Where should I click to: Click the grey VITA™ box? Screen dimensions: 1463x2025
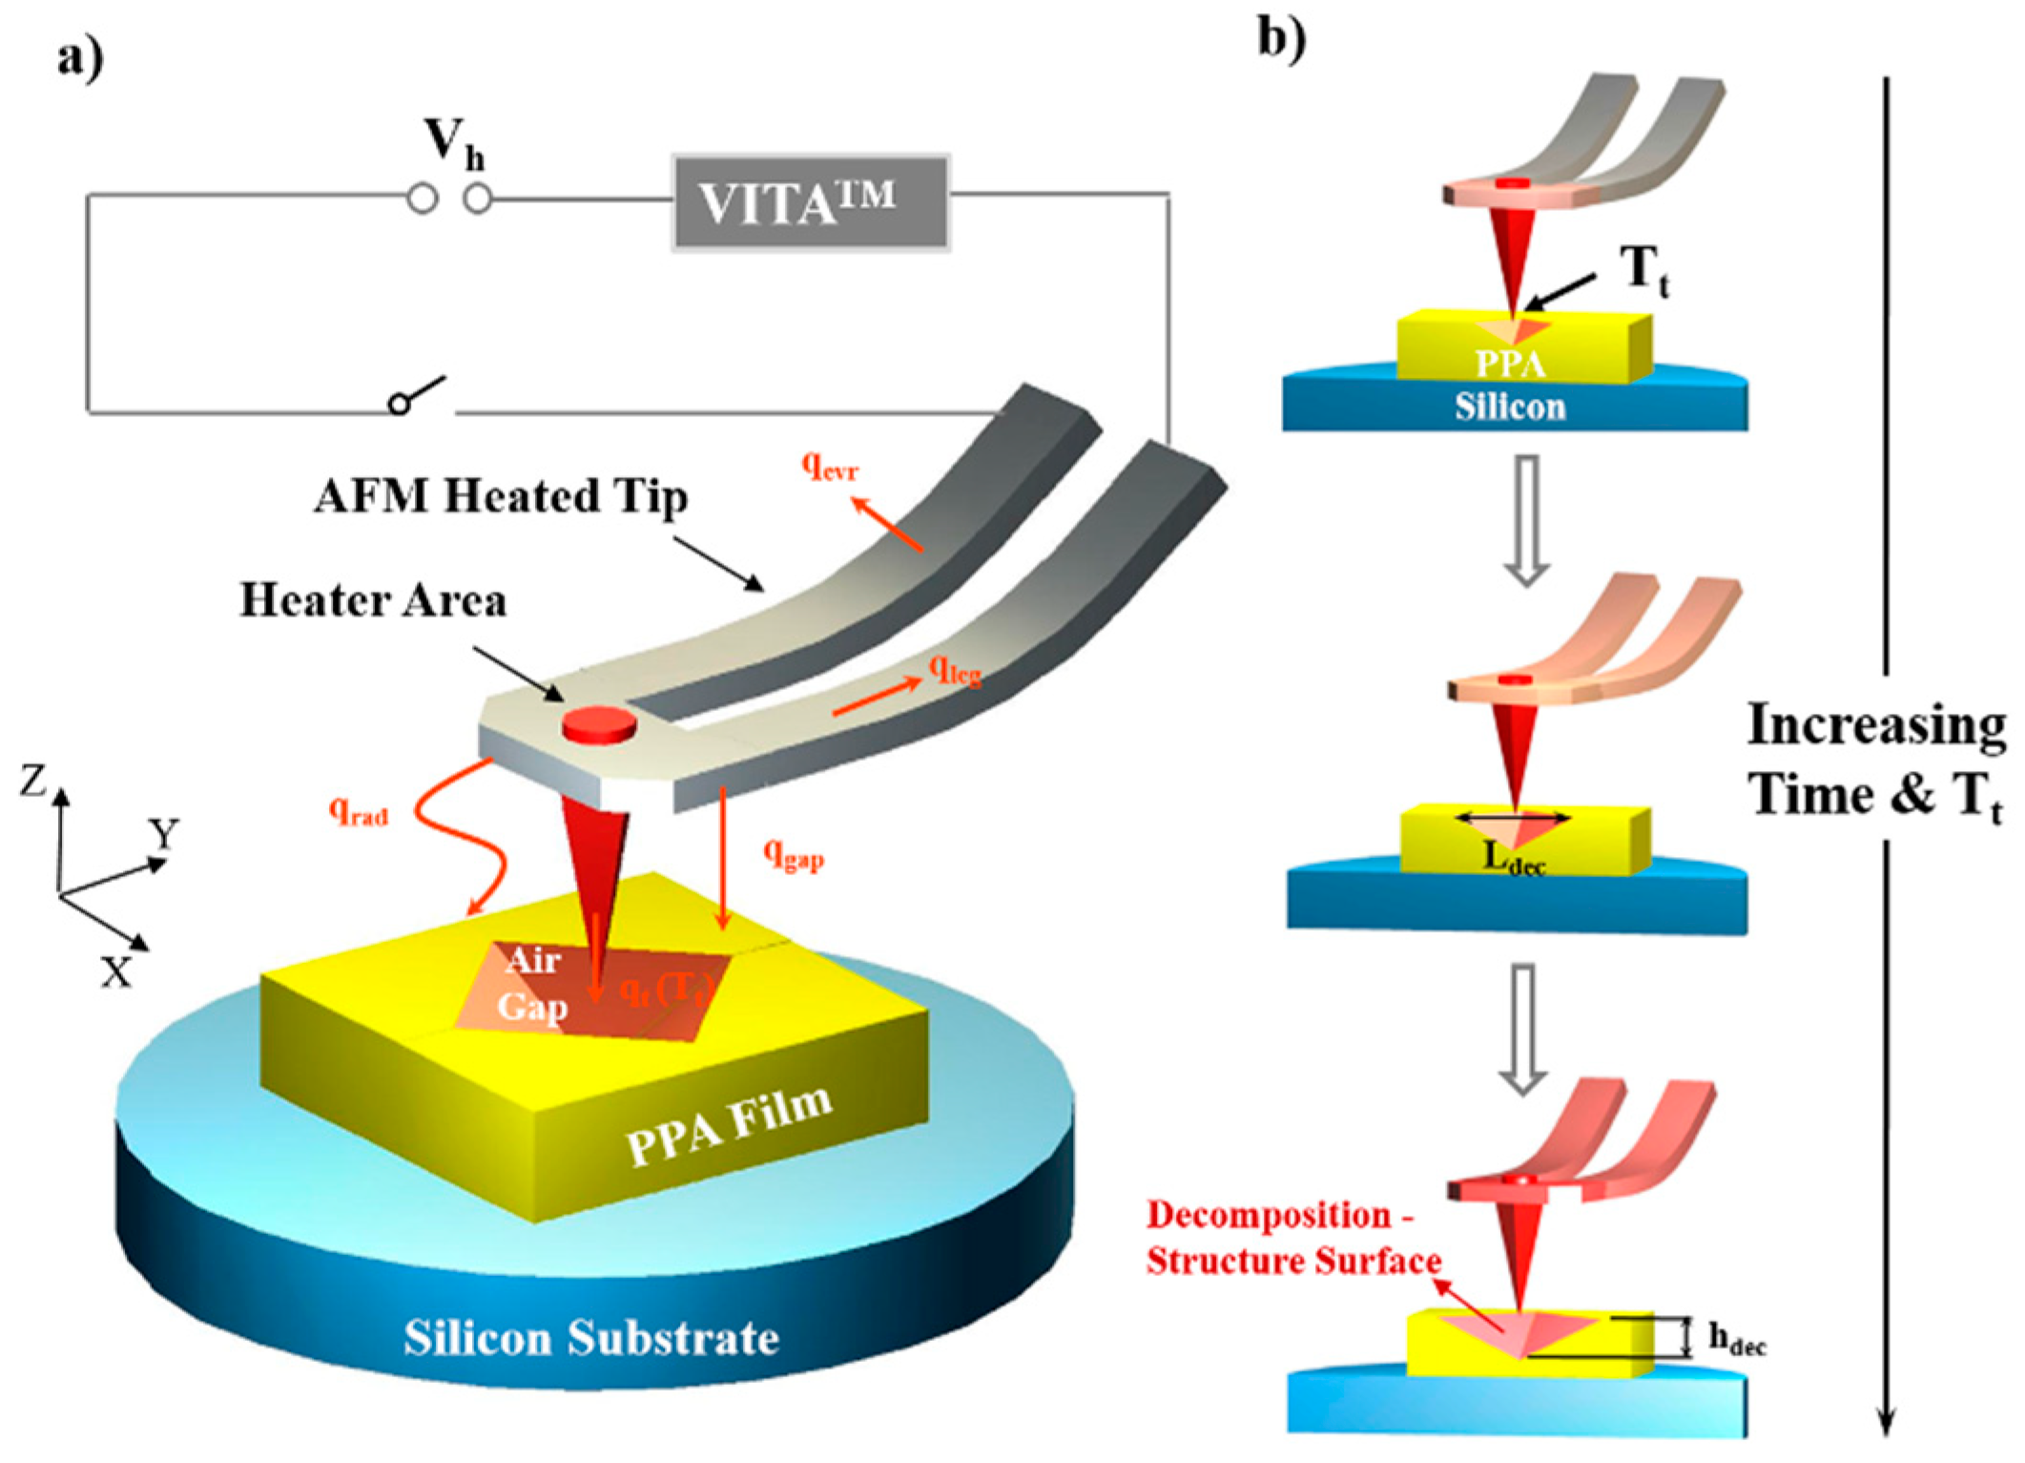(811, 202)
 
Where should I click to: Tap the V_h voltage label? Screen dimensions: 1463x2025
(452, 143)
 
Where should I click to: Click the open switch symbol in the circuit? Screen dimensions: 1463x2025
(418, 395)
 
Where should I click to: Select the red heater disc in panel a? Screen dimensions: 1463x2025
(599, 724)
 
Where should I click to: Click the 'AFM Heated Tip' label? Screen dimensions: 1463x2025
(500, 496)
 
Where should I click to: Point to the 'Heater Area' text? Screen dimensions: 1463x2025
(373, 600)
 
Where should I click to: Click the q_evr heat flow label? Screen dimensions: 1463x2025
(829, 467)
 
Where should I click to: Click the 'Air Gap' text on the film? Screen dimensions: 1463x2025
(532, 983)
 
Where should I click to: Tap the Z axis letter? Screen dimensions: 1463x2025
(33, 781)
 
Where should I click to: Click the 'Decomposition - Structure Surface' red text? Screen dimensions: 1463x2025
(1292, 1238)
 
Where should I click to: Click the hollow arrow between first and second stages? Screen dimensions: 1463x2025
(1526, 520)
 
